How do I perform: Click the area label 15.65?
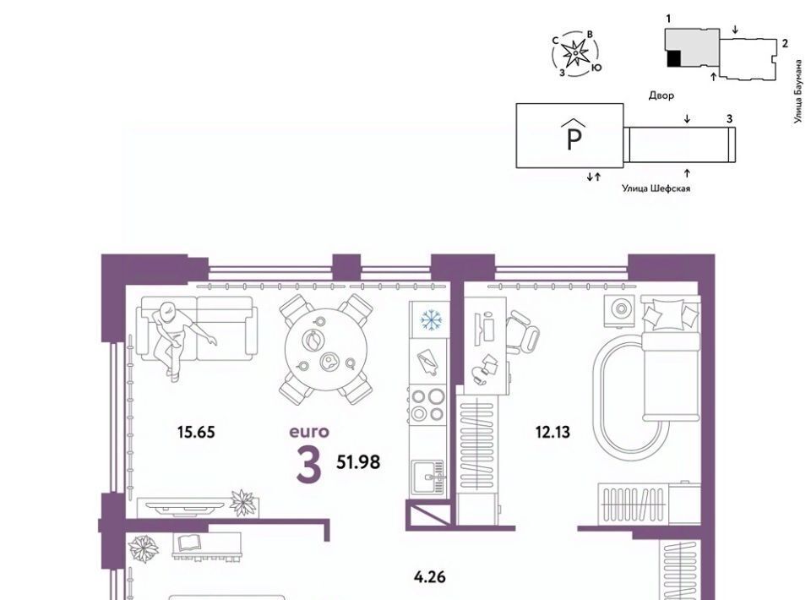pyautogui.click(x=195, y=431)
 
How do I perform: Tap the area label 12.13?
pyautogui.click(x=552, y=431)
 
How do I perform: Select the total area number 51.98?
pyautogui.click(x=358, y=461)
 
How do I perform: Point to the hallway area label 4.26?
pyautogui.click(x=430, y=576)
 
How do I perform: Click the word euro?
pyautogui.click(x=309, y=431)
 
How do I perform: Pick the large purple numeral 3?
pyautogui.click(x=309, y=464)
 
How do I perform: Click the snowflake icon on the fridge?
pyautogui.click(x=430, y=319)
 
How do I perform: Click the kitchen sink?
pyautogui.click(x=427, y=477)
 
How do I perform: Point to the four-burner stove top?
pyautogui.click(x=427, y=405)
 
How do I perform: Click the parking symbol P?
pyautogui.click(x=574, y=134)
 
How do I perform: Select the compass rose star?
pyautogui.click(x=574, y=53)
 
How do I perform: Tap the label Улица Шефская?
pyautogui.click(x=656, y=188)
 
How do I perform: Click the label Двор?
pyautogui.click(x=661, y=95)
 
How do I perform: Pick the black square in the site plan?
pyautogui.click(x=674, y=58)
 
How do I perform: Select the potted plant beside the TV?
pyautogui.click(x=243, y=502)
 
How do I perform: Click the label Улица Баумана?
pyautogui.click(x=799, y=91)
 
